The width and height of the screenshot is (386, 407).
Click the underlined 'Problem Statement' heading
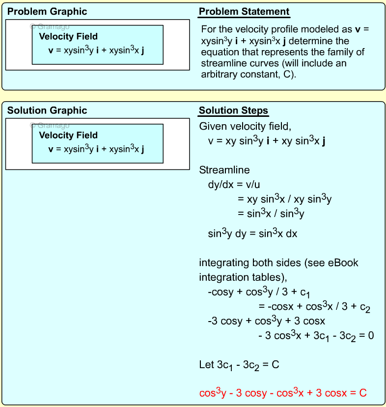point(244,12)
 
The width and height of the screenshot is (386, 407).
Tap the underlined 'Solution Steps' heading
point(233,110)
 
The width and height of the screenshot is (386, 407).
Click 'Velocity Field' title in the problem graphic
point(68,36)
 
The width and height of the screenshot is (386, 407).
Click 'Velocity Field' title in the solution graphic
point(68,135)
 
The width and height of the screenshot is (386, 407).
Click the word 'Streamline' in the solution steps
point(224,170)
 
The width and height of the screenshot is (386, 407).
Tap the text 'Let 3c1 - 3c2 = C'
point(239,365)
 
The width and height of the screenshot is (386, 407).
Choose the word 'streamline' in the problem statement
point(222,63)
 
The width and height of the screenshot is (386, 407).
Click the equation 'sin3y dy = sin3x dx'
point(252,234)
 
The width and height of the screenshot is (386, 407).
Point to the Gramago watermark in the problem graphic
point(50,27)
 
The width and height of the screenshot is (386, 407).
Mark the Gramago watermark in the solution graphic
point(50,125)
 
